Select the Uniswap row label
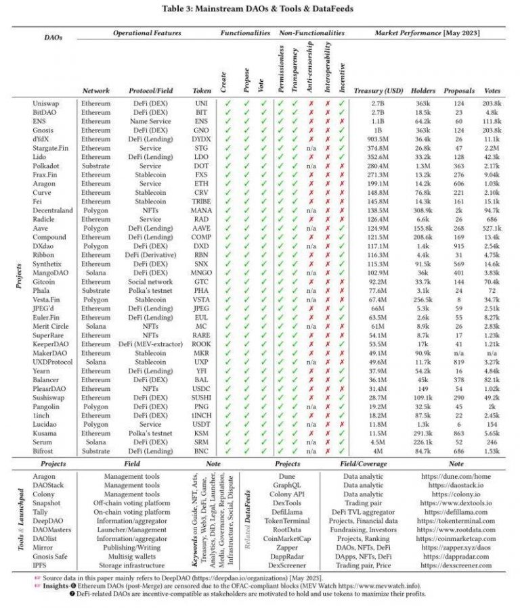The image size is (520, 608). pos(45,103)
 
